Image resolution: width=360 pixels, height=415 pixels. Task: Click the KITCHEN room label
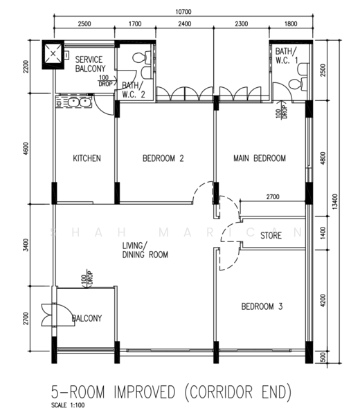click(87, 158)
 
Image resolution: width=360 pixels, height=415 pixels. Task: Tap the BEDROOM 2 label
click(163, 158)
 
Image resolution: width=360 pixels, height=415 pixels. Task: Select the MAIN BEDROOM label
click(260, 158)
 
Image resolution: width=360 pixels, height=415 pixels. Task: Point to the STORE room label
click(271, 235)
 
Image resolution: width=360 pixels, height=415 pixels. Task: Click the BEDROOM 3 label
click(262, 306)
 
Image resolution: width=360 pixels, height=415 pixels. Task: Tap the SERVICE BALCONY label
click(90, 64)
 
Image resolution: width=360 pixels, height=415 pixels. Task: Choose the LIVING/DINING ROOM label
click(145, 250)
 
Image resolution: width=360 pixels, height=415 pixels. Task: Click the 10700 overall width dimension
click(183, 12)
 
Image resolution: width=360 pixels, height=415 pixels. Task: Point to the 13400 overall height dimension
click(335, 202)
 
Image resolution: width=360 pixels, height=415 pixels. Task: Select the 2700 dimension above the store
click(273, 197)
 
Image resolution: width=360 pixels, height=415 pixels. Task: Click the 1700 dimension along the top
click(135, 24)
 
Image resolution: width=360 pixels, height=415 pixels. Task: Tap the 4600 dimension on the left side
click(26, 149)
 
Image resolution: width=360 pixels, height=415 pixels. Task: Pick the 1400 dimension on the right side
click(323, 233)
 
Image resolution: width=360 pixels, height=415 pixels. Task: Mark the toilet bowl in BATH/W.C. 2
click(140, 57)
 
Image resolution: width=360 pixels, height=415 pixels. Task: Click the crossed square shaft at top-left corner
click(53, 54)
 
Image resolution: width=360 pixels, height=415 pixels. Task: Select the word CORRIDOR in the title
click(221, 392)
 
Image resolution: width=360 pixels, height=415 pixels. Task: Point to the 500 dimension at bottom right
click(323, 357)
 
